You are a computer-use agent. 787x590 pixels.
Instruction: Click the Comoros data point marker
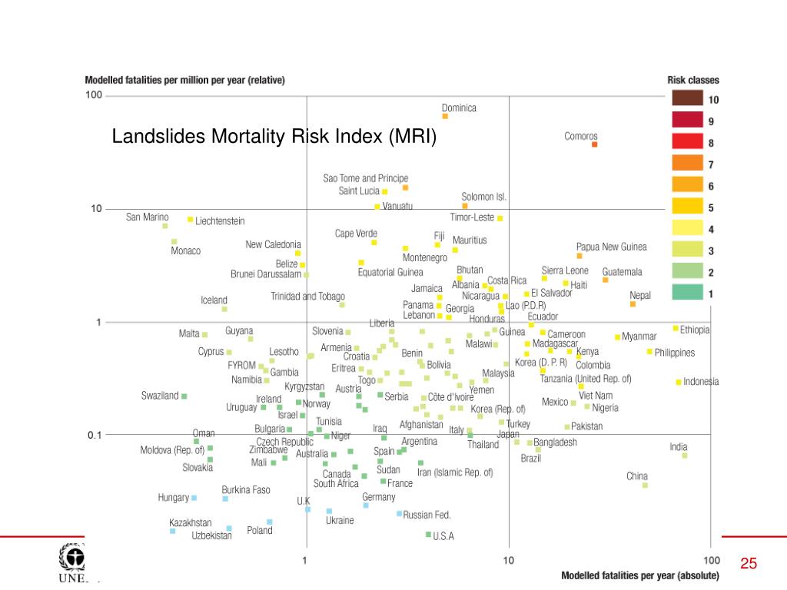594,144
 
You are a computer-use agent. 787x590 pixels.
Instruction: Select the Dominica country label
459,108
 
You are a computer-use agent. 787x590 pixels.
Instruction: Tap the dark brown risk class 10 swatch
687,98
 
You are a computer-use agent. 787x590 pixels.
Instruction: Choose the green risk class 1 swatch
687,293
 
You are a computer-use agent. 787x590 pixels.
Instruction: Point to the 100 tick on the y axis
94,95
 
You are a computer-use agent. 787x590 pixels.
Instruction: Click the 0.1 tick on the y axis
94,435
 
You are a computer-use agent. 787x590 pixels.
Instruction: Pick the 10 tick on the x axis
508,561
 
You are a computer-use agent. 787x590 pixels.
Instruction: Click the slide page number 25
749,565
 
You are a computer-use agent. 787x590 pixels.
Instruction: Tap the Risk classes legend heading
692,80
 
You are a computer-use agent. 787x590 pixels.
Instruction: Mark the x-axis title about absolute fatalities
640,575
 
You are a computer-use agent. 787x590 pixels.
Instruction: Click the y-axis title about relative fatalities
184,80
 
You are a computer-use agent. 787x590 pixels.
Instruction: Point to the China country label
637,476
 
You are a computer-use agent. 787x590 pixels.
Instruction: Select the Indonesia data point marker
679,382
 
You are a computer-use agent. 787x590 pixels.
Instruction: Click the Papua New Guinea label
612,247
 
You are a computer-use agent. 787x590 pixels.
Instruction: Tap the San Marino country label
148,217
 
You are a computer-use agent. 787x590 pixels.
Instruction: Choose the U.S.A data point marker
429,535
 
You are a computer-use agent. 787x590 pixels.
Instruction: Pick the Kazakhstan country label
191,523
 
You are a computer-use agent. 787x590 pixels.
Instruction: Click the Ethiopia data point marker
676,329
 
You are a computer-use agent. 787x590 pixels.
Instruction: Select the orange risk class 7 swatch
687,163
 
